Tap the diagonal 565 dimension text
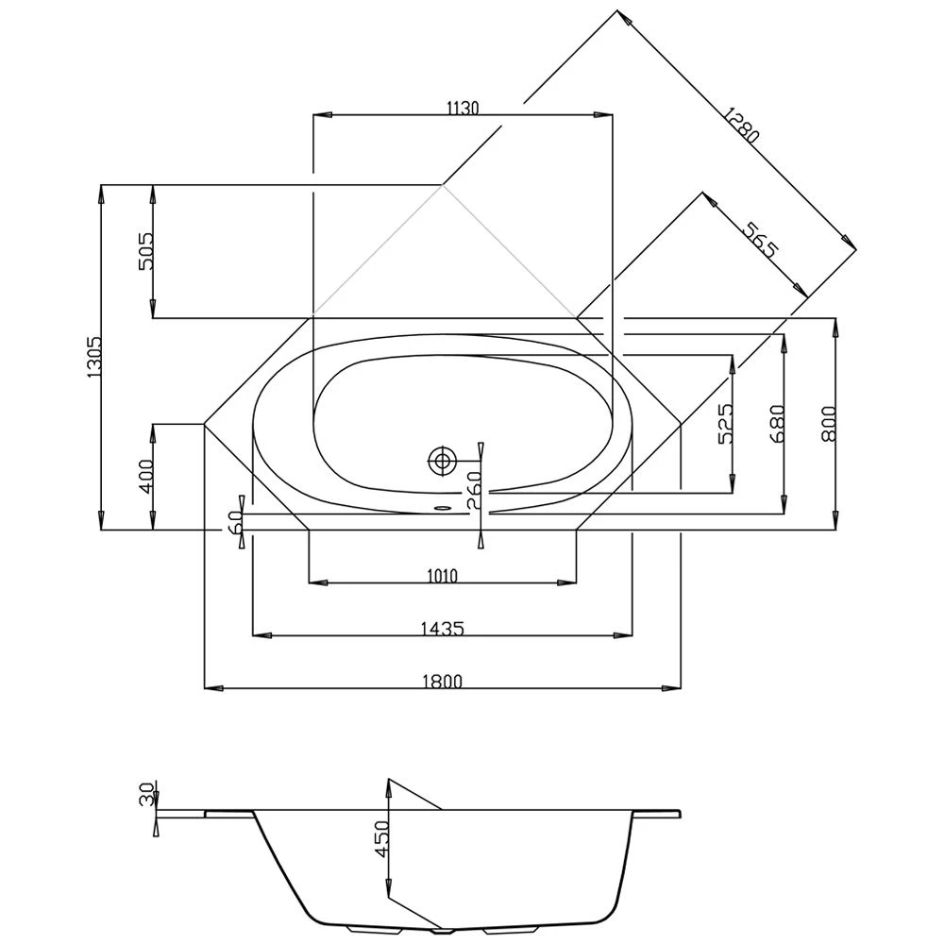[760, 240]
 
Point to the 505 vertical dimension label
[146, 251]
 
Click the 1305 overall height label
[93, 358]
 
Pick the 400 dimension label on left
[146, 477]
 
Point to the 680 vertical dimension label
[777, 425]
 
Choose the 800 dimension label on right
[828, 425]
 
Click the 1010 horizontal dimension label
[442, 576]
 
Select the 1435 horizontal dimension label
[442, 628]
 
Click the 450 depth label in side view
[382, 838]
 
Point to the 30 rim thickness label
[146, 794]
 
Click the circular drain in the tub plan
[442, 462]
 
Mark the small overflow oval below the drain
[441, 504]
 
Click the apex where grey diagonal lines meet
[443, 185]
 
